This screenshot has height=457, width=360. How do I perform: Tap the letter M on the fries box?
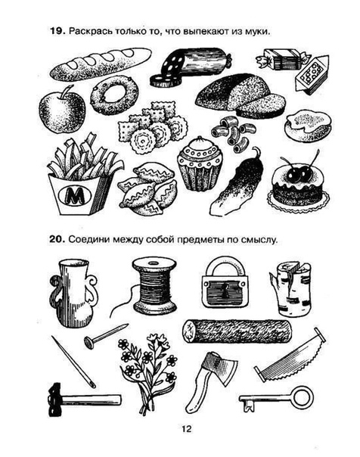point(75,195)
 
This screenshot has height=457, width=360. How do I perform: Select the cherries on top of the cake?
point(300,171)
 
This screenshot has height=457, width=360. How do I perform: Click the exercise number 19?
point(57,31)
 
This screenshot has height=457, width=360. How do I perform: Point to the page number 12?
point(186,429)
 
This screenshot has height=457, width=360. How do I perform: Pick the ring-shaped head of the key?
point(303,396)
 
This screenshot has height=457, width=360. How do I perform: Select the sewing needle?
point(73,362)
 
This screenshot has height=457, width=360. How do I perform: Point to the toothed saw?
point(290,355)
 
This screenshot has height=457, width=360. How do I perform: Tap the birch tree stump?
point(290,289)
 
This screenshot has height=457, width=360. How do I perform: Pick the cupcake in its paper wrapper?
point(200,164)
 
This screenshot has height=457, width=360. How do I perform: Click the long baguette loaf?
point(101,64)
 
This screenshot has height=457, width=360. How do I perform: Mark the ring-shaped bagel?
point(114,95)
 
